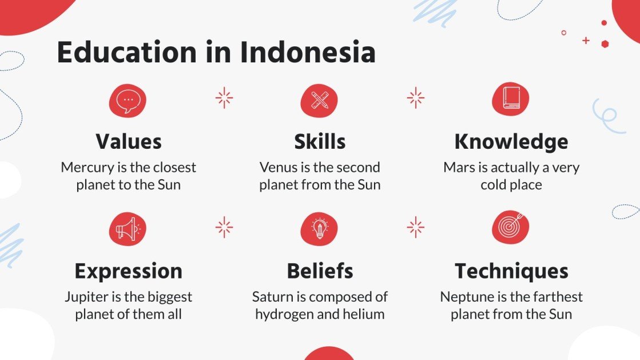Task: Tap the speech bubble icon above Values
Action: [128, 100]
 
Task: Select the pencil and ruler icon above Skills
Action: [319, 100]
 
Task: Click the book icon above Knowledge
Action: [511, 99]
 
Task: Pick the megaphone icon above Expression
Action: [128, 229]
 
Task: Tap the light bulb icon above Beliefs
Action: [319, 229]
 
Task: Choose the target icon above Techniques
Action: [511, 228]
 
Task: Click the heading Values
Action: [128, 141]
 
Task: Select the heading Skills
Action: [320, 141]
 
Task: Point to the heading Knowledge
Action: [511, 141]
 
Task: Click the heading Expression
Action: [128, 271]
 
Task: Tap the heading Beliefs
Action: [320, 271]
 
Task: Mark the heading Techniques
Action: [511, 271]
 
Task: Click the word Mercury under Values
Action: [85, 168]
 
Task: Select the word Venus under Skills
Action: [279, 168]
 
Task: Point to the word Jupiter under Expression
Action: [86, 298]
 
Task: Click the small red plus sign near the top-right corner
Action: [585, 40]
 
